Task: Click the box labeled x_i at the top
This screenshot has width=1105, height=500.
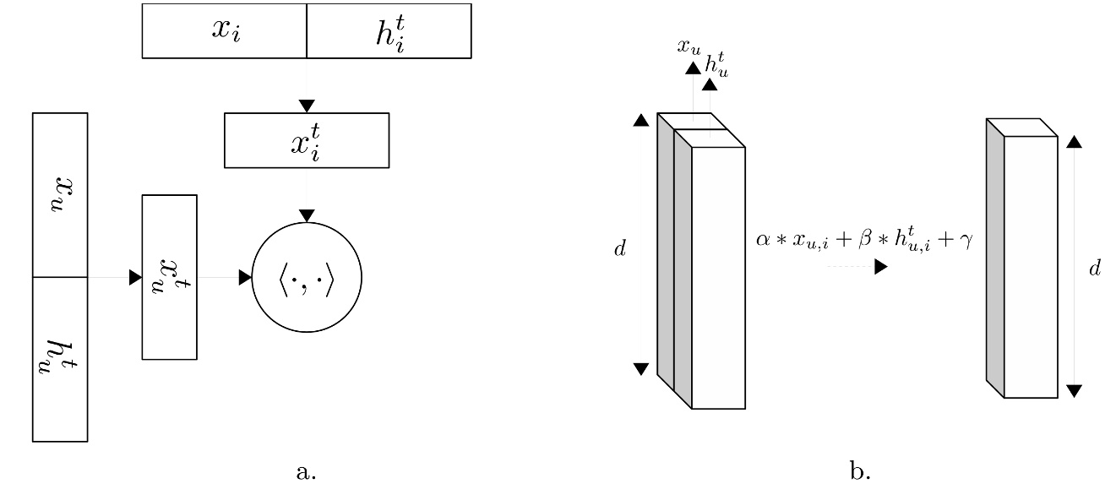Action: tap(224, 31)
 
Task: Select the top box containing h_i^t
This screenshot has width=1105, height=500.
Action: tap(389, 31)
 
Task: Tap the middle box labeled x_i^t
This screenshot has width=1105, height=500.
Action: tap(306, 140)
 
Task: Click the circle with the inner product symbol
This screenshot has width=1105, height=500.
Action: tap(307, 277)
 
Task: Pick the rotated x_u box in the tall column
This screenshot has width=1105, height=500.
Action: tap(60, 195)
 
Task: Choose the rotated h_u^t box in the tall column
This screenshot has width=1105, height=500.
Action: tap(60, 359)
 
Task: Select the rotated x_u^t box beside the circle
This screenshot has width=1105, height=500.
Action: tap(169, 277)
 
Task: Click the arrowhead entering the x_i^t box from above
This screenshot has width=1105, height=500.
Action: tap(307, 106)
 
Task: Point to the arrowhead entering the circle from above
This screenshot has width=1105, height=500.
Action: tap(307, 216)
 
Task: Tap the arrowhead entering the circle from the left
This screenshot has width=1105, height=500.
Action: tap(246, 277)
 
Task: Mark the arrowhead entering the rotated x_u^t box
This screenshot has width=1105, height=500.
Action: tap(135, 277)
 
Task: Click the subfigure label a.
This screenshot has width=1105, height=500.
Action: tap(306, 472)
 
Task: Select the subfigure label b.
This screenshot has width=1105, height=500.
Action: tap(860, 472)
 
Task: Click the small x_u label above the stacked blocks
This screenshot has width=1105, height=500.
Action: tap(689, 46)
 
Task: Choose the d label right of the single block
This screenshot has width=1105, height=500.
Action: tap(1094, 269)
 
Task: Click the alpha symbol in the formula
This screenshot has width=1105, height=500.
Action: tap(762, 242)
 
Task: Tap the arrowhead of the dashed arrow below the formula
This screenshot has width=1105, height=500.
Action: tap(881, 267)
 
